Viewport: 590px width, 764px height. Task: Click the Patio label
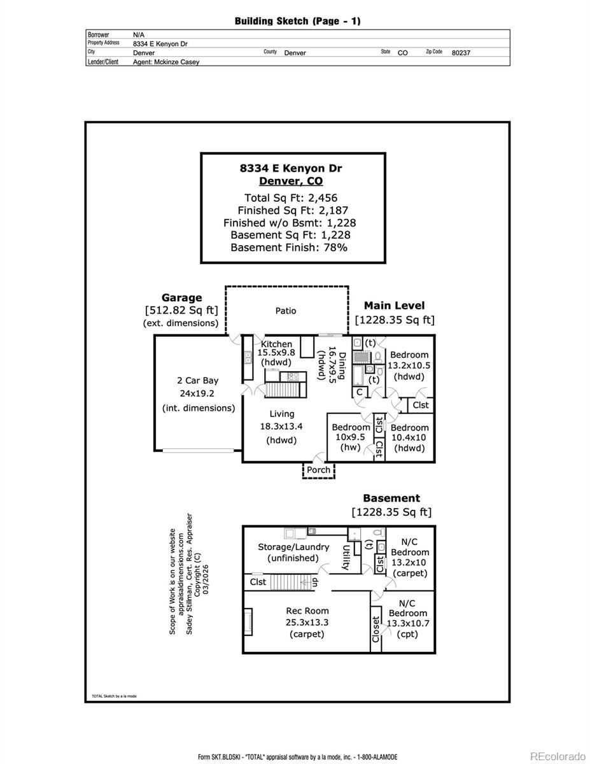286,311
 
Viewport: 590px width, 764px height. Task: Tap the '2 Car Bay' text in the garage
197,381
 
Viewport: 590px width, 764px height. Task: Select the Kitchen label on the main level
277,344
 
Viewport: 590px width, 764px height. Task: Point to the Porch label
319,470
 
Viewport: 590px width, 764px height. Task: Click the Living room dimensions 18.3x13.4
281,427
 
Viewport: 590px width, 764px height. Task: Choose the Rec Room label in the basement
307,611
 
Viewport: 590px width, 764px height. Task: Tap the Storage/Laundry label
293,547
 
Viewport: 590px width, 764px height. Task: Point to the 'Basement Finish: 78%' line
289,248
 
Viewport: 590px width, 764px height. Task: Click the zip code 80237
461,53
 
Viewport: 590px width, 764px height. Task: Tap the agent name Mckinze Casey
166,62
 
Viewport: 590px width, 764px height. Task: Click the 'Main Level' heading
395,306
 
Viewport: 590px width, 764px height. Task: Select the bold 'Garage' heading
181,297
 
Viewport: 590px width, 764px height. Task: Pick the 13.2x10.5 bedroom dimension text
409,365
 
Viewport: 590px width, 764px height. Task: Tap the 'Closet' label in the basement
376,630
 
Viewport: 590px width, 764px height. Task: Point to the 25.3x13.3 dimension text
307,623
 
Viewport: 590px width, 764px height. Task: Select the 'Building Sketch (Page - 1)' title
297,21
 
